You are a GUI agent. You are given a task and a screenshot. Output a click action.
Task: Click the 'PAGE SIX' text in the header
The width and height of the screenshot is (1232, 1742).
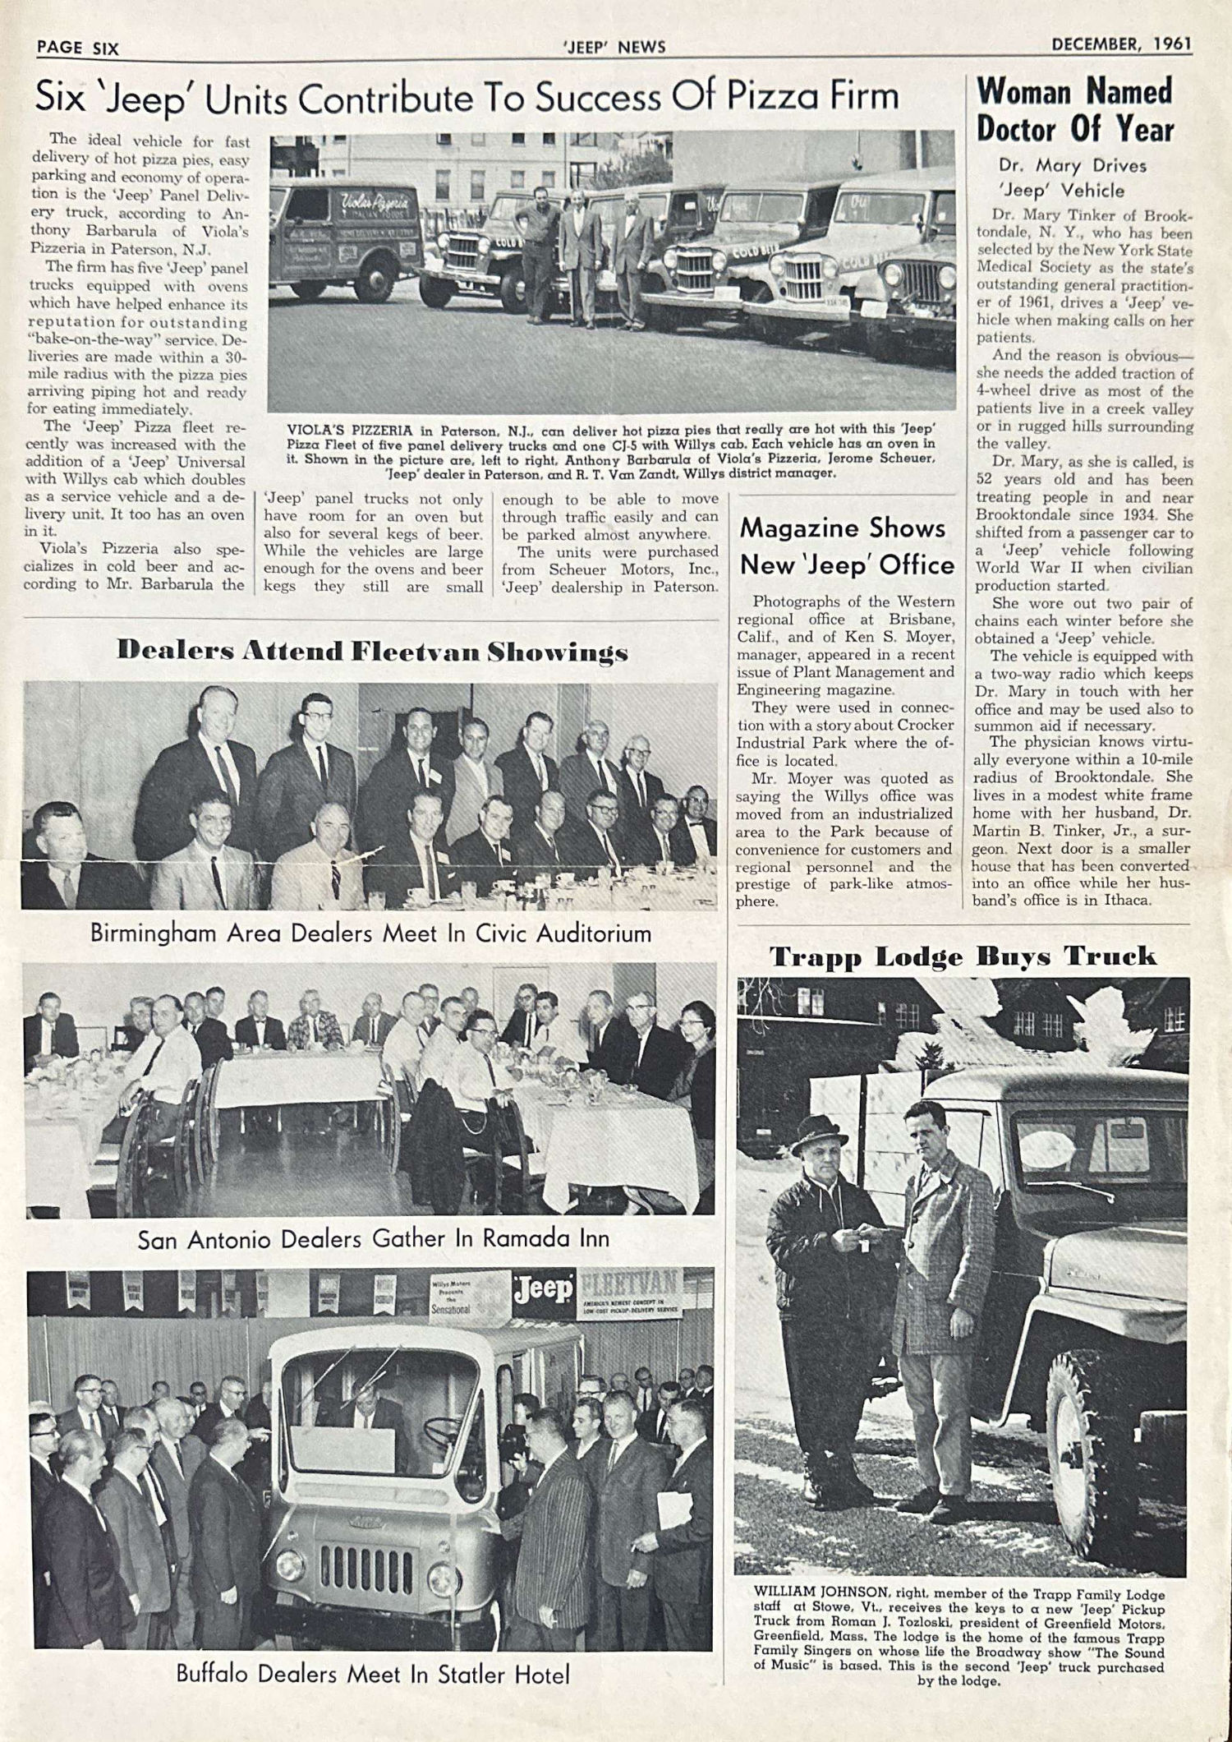point(78,48)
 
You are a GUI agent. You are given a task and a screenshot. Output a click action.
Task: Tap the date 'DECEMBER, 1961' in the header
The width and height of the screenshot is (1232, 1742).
point(1121,44)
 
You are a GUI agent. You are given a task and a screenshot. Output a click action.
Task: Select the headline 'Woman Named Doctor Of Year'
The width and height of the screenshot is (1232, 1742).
point(1075,110)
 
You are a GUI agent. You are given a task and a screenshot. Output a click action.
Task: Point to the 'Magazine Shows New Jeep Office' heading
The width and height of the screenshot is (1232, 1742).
point(846,546)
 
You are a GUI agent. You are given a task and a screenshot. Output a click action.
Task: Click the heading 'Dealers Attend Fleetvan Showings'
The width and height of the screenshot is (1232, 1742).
point(372,652)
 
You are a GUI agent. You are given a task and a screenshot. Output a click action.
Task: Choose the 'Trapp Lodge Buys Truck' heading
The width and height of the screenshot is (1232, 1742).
point(963,956)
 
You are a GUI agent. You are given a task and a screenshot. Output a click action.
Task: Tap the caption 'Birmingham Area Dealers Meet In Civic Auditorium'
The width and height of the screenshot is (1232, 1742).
point(370,933)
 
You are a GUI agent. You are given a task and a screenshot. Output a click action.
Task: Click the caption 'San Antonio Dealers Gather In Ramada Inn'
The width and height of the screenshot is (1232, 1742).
point(373,1238)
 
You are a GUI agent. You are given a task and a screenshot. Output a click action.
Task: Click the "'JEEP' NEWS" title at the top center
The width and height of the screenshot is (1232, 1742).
point(615,47)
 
